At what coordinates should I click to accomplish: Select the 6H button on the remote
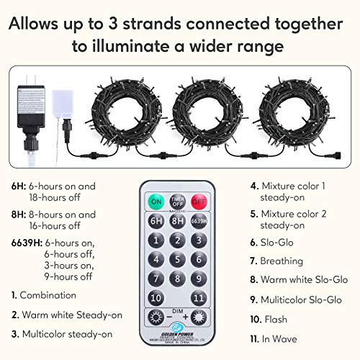155,222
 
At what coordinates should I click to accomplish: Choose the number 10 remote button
155,297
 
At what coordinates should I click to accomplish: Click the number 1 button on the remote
155,241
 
